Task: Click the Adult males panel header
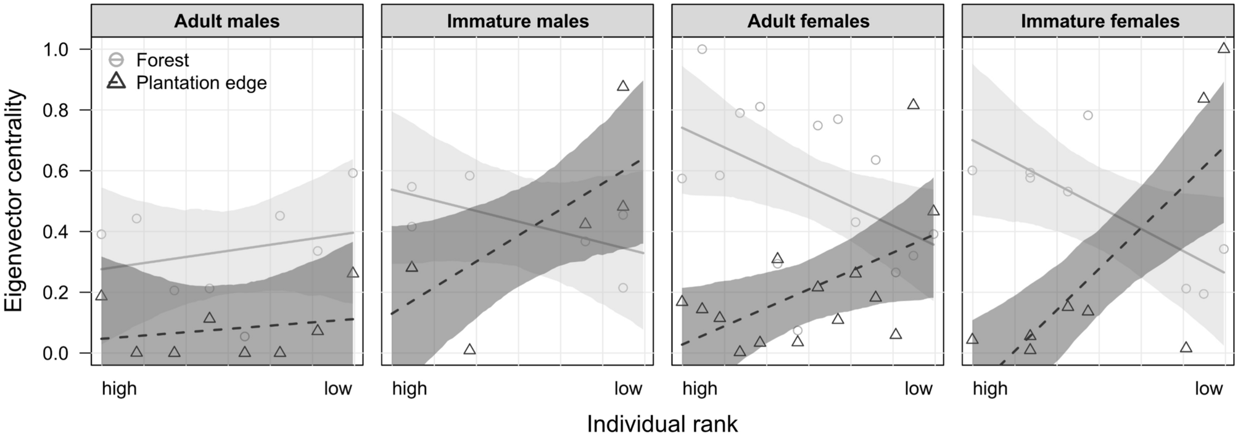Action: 226,22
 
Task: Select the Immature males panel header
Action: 518,22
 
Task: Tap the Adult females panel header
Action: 808,22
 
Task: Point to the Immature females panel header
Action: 1100,22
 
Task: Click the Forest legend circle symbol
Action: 117,60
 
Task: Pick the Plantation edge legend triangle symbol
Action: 117,81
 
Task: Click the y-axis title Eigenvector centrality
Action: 15,202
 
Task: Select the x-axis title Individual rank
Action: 662,424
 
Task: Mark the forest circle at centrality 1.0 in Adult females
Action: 701,49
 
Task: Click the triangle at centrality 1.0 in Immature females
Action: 1224,48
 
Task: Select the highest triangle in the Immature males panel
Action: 623,86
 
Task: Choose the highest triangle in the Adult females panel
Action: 913,104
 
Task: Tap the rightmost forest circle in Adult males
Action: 353,173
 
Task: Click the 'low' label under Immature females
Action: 1208,389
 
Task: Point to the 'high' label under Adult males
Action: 119,389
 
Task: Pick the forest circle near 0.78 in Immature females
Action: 1087,115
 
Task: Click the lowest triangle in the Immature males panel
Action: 469,350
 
